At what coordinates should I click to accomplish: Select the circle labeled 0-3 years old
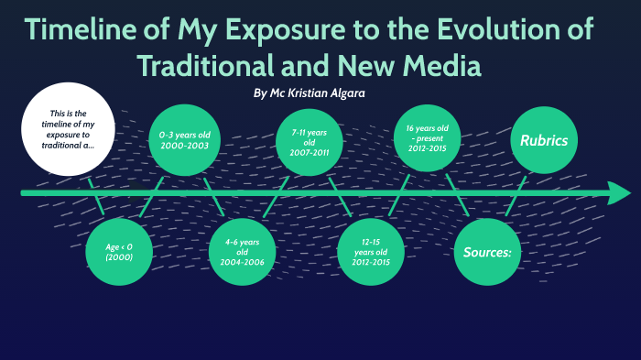click(183, 140)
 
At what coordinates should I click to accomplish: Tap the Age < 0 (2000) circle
click(119, 252)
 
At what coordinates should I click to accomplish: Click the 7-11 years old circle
click(310, 140)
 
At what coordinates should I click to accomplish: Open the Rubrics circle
click(544, 140)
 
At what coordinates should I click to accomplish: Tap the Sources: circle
click(487, 252)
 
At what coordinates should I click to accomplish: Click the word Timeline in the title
click(87, 30)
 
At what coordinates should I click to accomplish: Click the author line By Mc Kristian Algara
click(313, 93)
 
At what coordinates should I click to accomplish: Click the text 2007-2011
click(310, 154)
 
